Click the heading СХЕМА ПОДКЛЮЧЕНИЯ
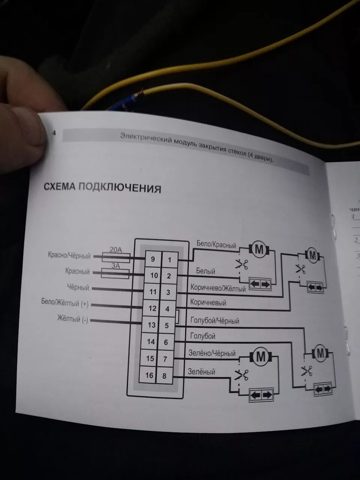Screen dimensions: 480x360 coord(102,187)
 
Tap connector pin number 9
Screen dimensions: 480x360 coord(153,259)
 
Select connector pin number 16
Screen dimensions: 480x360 coord(149,375)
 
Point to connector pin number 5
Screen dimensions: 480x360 coord(167,325)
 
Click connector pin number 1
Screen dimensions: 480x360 coord(169,259)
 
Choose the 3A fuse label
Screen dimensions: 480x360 coord(115,265)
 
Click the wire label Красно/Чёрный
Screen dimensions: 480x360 coord(69,256)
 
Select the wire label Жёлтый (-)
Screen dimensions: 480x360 coord(72,319)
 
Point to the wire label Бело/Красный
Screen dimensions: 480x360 coord(216,245)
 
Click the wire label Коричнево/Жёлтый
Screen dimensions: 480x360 coord(218,288)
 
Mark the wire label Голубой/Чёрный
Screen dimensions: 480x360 coord(214,321)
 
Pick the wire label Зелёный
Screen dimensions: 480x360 coord(201,372)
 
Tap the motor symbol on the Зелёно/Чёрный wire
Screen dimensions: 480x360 coord(260,357)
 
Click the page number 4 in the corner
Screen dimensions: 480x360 coord(54,133)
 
